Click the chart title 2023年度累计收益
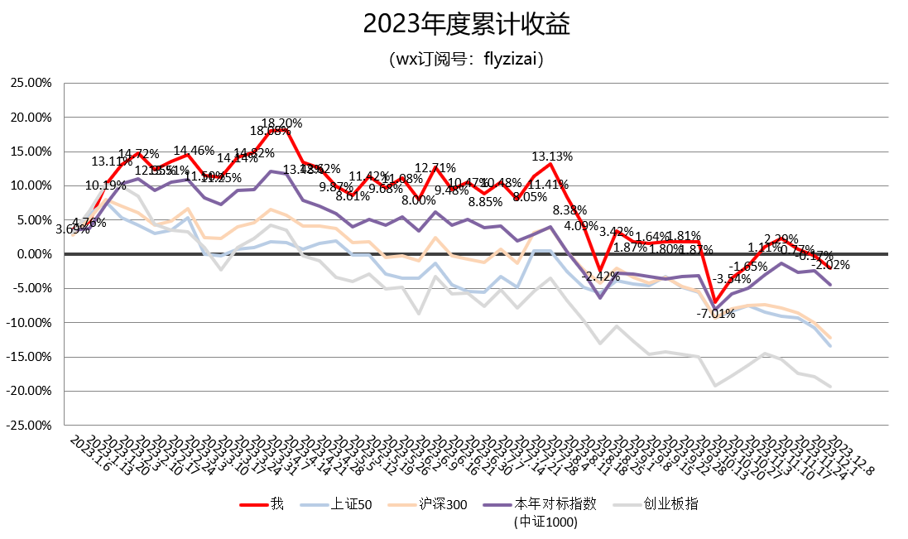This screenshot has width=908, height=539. [x=454, y=25]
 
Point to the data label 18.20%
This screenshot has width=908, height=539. [x=282, y=123]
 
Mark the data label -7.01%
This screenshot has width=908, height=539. [x=715, y=314]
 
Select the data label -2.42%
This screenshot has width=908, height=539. [x=601, y=276]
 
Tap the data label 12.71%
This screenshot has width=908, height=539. [x=435, y=168]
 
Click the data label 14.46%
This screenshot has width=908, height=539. [x=193, y=151]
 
